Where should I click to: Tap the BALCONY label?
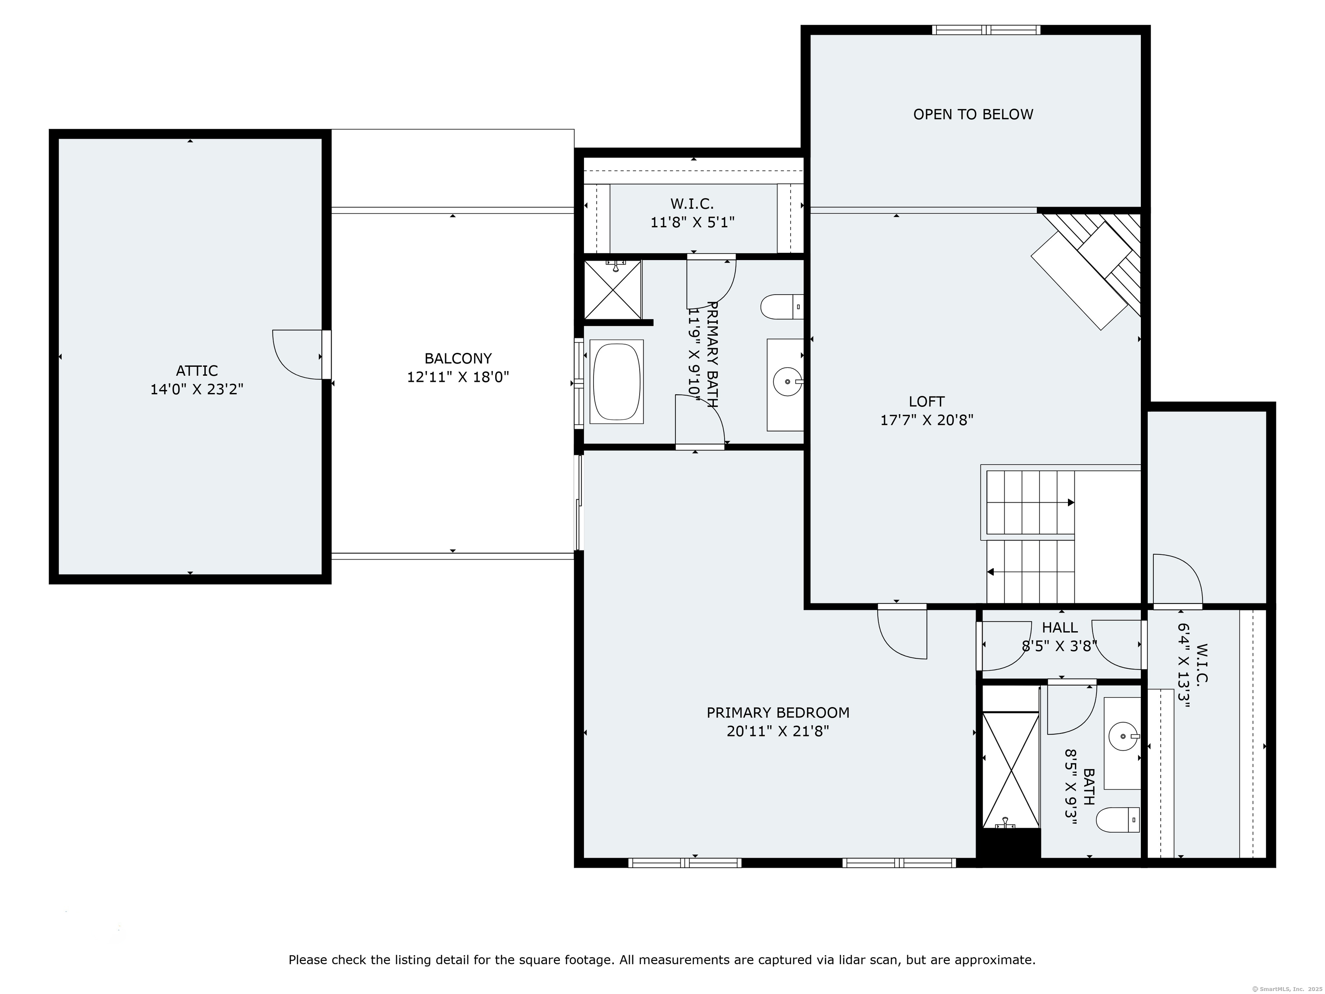(x=458, y=358)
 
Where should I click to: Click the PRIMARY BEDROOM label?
(x=778, y=712)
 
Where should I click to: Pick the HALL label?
(x=1060, y=627)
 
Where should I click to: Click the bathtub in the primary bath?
(x=616, y=382)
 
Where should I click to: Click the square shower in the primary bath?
(x=612, y=289)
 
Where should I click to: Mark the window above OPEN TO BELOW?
(x=986, y=30)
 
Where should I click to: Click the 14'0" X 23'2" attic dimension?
(x=197, y=390)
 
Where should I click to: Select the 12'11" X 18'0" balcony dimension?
(x=458, y=377)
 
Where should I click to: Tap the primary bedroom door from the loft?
(x=903, y=632)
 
